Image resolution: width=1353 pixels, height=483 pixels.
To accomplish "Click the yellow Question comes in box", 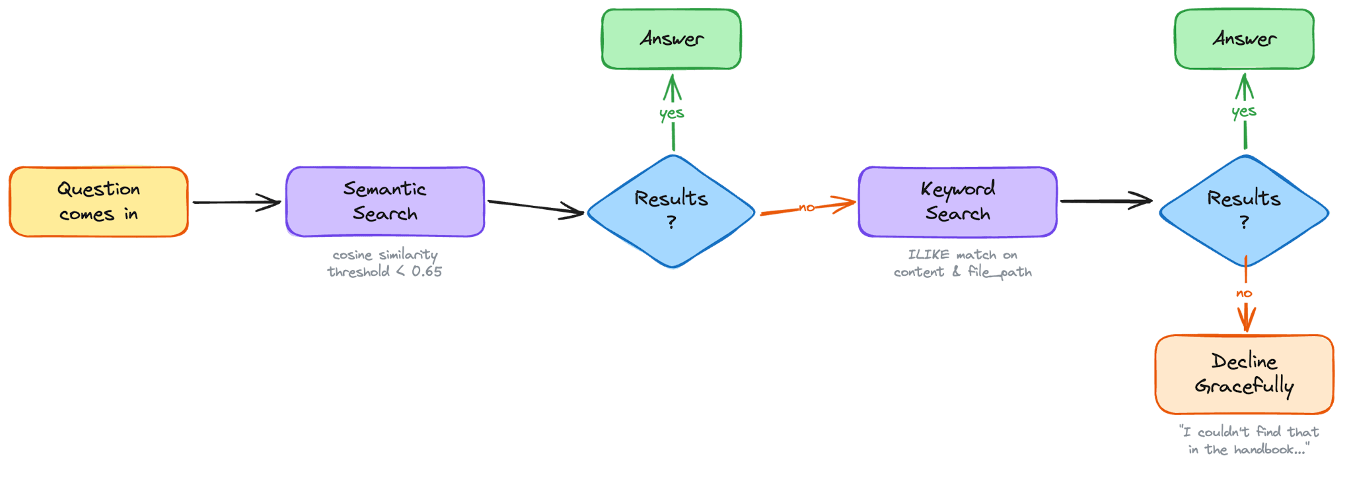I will (98, 202).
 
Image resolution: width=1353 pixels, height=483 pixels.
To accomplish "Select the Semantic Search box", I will (385, 202).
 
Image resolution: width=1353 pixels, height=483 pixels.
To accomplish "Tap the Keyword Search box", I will (957, 202).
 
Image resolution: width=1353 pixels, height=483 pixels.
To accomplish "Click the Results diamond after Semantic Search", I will (671, 211).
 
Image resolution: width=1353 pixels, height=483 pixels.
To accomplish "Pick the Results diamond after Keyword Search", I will (1244, 211).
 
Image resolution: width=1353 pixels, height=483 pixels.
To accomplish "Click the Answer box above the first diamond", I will (671, 39).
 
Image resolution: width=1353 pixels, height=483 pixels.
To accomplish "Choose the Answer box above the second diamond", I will (1244, 39).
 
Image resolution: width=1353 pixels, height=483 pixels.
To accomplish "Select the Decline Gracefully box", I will (1244, 374).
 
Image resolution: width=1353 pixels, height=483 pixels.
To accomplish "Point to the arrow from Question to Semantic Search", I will (237, 203).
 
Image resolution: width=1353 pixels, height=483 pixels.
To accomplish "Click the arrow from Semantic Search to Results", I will (535, 208).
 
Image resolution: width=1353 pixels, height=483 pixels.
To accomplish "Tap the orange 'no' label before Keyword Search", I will (807, 208).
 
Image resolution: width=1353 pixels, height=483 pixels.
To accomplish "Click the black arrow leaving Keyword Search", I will (1107, 201).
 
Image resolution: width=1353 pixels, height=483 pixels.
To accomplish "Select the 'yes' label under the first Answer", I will (672, 113).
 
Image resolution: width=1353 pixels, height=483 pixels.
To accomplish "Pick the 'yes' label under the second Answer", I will (1244, 112).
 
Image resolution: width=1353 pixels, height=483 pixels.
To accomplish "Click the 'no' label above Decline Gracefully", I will (1244, 293).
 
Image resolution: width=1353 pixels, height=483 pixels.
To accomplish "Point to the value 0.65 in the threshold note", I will (427, 271).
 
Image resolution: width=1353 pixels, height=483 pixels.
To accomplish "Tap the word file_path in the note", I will (1000, 272).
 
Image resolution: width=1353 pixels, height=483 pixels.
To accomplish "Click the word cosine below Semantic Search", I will (352, 255).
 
